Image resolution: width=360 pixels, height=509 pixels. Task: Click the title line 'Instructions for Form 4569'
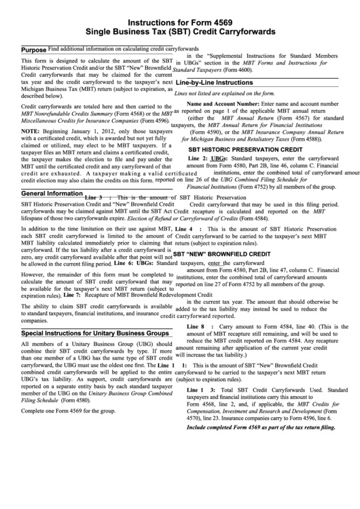pyautogui.click(x=179, y=22)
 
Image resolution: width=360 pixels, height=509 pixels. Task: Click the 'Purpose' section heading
pyautogui.click(x=33, y=51)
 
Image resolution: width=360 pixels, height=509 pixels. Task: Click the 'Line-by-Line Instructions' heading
pyautogui.click(x=214, y=82)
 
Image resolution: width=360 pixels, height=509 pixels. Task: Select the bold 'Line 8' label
pyautogui.click(x=196, y=328)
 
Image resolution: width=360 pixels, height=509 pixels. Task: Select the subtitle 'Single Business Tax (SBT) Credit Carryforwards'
pyautogui.click(x=179, y=32)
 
